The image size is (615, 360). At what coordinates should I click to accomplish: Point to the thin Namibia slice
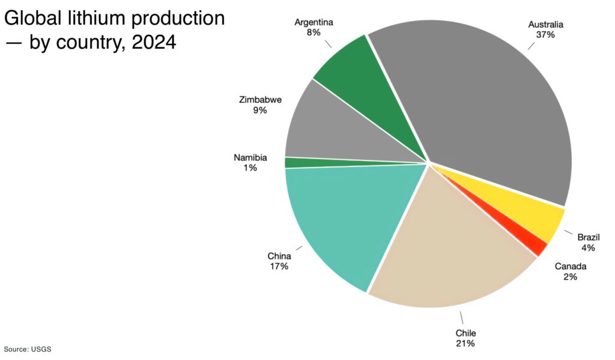[x=300, y=162]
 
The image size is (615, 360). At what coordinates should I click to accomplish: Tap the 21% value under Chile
[x=465, y=343]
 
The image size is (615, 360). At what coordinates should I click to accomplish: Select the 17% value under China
[x=279, y=266]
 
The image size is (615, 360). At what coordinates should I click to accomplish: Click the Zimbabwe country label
[x=260, y=100]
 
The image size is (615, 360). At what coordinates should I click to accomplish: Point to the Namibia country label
[x=250, y=157]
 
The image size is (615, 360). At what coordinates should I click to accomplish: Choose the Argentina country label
[x=314, y=23]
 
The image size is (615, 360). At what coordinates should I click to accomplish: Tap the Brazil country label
[x=589, y=237]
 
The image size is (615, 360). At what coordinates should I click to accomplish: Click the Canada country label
[x=570, y=266]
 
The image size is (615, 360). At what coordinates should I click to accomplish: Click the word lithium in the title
[x=91, y=19]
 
